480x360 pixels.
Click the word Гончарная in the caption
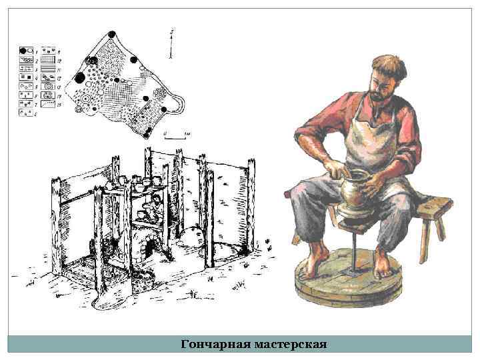215,345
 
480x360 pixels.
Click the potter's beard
377,94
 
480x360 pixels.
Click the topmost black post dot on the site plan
111,33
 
